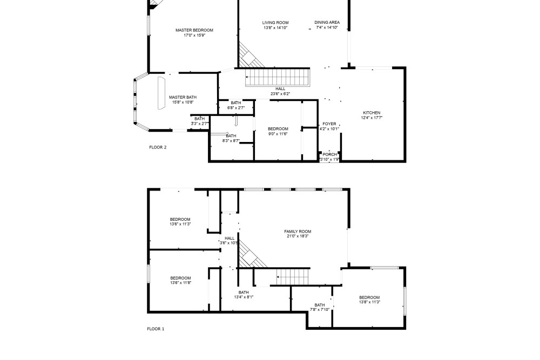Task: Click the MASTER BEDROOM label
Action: pyautogui.click(x=194, y=30)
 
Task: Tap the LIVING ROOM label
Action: pyautogui.click(x=275, y=23)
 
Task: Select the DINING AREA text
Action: pyautogui.click(x=327, y=22)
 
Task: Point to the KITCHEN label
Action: pyautogui.click(x=372, y=113)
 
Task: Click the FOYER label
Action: pyautogui.click(x=329, y=124)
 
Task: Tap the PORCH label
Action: pyautogui.click(x=329, y=154)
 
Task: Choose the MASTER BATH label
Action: pyautogui.click(x=183, y=97)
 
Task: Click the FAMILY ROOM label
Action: pyautogui.click(x=298, y=232)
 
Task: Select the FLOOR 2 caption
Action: pyautogui.click(x=158, y=147)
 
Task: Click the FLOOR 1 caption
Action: pyautogui.click(x=156, y=329)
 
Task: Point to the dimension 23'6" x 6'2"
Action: pyautogui.click(x=280, y=93)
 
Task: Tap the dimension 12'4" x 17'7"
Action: pyautogui.click(x=372, y=117)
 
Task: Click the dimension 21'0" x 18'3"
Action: pyautogui.click(x=298, y=236)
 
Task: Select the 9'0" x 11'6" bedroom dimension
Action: pyautogui.click(x=278, y=134)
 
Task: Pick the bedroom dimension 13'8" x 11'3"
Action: pyautogui.click(x=369, y=302)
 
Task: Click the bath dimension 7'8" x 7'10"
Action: pyautogui.click(x=320, y=309)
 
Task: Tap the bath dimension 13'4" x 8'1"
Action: pyautogui.click(x=244, y=297)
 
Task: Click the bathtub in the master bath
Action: pyautogui.click(x=161, y=93)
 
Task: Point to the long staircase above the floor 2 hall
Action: pyautogui.click(x=277, y=77)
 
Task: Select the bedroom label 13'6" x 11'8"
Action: pyautogui.click(x=180, y=283)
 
